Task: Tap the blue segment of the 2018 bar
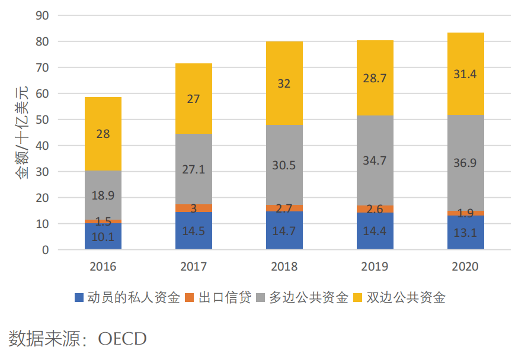click(284, 231)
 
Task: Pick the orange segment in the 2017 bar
click(194, 208)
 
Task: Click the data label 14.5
click(194, 232)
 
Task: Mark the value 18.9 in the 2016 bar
click(103, 196)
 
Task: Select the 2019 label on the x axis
click(375, 267)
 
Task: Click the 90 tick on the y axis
click(41, 15)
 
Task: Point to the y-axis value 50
click(41, 120)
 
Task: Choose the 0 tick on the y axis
click(45, 250)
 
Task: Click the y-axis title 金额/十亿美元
click(21, 131)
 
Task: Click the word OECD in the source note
click(122, 339)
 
